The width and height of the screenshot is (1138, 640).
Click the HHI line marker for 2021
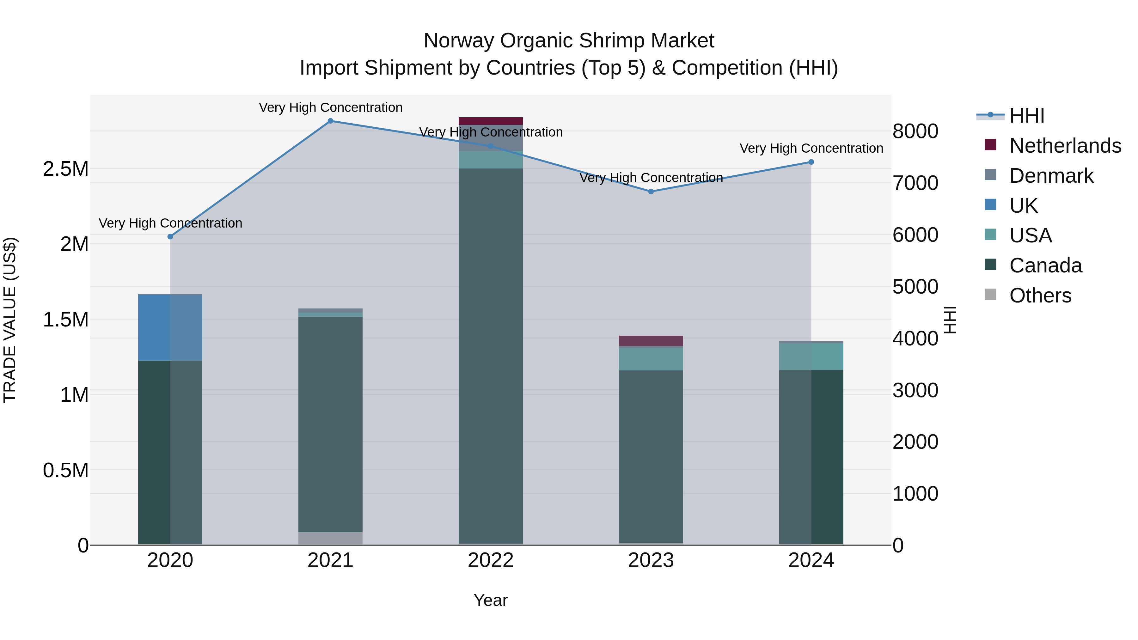coord(330,121)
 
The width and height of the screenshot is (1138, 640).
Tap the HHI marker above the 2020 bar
coord(170,237)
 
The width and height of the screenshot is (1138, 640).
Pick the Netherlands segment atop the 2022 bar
coord(490,121)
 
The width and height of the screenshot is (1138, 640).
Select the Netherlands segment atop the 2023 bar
coord(651,340)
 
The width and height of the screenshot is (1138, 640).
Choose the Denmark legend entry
coord(1051,176)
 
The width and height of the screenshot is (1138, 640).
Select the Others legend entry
coord(1040,296)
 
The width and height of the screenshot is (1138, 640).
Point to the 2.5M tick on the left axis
coord(66,169)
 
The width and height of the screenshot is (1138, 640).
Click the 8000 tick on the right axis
coord(915,131)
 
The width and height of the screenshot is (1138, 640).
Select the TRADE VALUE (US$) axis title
coord(10,320)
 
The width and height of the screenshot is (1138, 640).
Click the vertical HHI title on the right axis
coord(950,320)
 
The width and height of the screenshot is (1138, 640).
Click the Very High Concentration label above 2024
coord(811,149)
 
